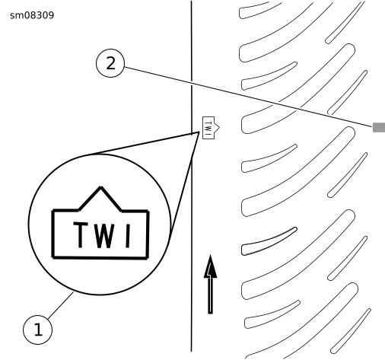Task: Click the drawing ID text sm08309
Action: tap(32, 15)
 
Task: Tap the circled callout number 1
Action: tap(37, 330)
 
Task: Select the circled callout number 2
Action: tap(110, 63)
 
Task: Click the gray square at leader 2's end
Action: tap(379, 127)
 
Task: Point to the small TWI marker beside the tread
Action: tap(210, 128)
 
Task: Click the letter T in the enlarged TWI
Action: tap(81, 234)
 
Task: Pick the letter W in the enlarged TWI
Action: tap(103, 235)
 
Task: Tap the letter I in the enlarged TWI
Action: tap(128, 236)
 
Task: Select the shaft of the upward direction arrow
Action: tap(210, 295)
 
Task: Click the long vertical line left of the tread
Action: tap(192, 176)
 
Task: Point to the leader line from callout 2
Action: tap(249, 97)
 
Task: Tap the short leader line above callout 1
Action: tap(60, 306)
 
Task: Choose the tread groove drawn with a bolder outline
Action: tap(269, 241)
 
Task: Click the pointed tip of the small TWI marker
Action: tap(219, 127)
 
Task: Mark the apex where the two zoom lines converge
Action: tap(199, 132)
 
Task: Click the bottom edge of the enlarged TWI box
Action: tap(100, 258)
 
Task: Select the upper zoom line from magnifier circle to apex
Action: tap(143, 143)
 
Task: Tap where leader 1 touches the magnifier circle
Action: tap(73, 292)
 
